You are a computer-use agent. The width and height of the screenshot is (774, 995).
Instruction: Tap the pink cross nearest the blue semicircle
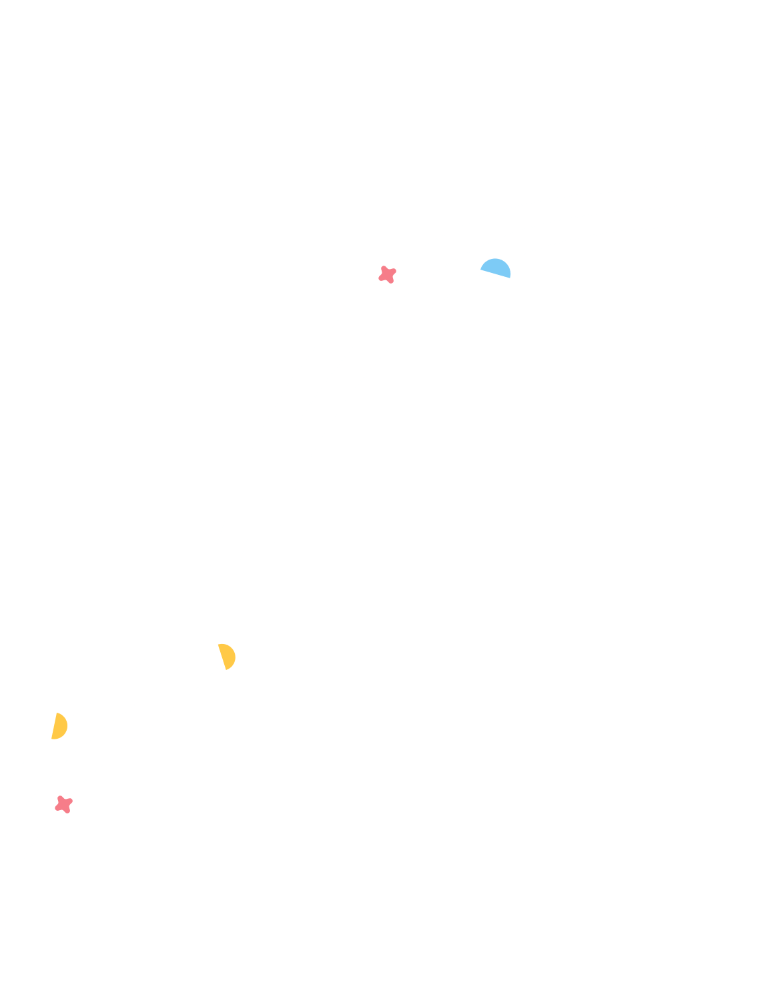(x=387, y=274)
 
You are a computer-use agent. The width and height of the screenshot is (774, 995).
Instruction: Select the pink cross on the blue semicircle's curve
(x=63, y=804)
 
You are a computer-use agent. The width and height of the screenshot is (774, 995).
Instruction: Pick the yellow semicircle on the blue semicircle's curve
(x=228, y=656)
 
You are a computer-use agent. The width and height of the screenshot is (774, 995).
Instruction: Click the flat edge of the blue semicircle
(x=495, y=272)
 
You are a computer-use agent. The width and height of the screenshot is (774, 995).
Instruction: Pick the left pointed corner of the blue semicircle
(x=481, y=268)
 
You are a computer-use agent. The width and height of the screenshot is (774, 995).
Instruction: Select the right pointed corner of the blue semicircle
(x=510, y=277)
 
